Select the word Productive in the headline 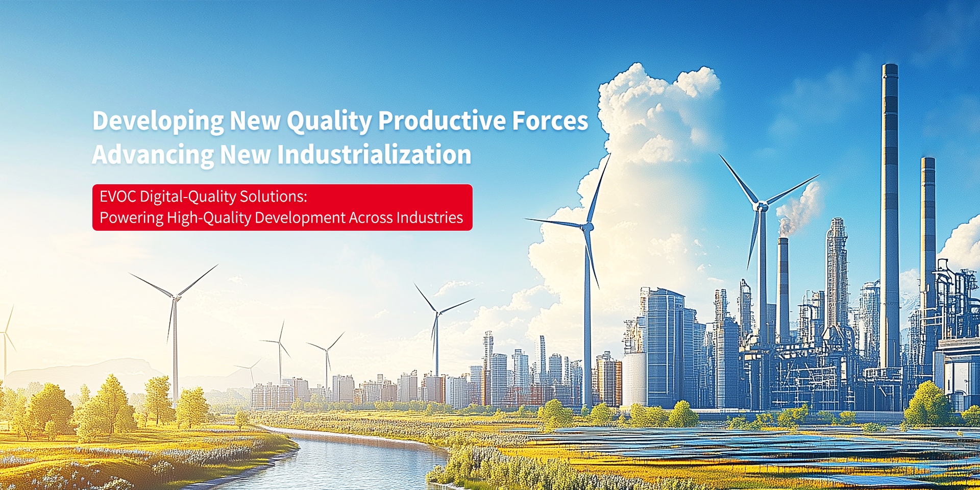(442, 120)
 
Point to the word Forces (550, 120)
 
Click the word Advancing (153, 155)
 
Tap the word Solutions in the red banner (274, 197)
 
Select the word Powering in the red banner (132, 218)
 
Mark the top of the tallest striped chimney (890, 65)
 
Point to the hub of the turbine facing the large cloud (589, 226)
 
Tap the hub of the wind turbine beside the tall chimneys (762, 207)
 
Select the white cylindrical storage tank (634, 379)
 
